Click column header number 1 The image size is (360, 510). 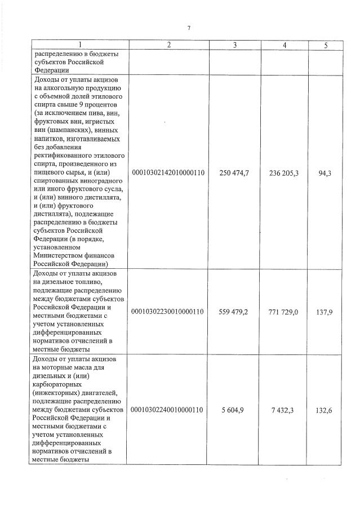(x=80, y=45)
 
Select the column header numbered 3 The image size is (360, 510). (x=234, y=45)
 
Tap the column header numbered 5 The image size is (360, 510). (x=325, y=45)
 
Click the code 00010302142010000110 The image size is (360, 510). (x=168, y=172)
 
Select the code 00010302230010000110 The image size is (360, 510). (x=168, y=311)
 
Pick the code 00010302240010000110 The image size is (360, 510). (x=168, y=409)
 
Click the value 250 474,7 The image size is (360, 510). (x=234, y=172)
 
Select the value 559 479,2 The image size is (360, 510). (x=234, y=311)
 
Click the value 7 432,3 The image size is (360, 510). (x=283, y=409)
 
